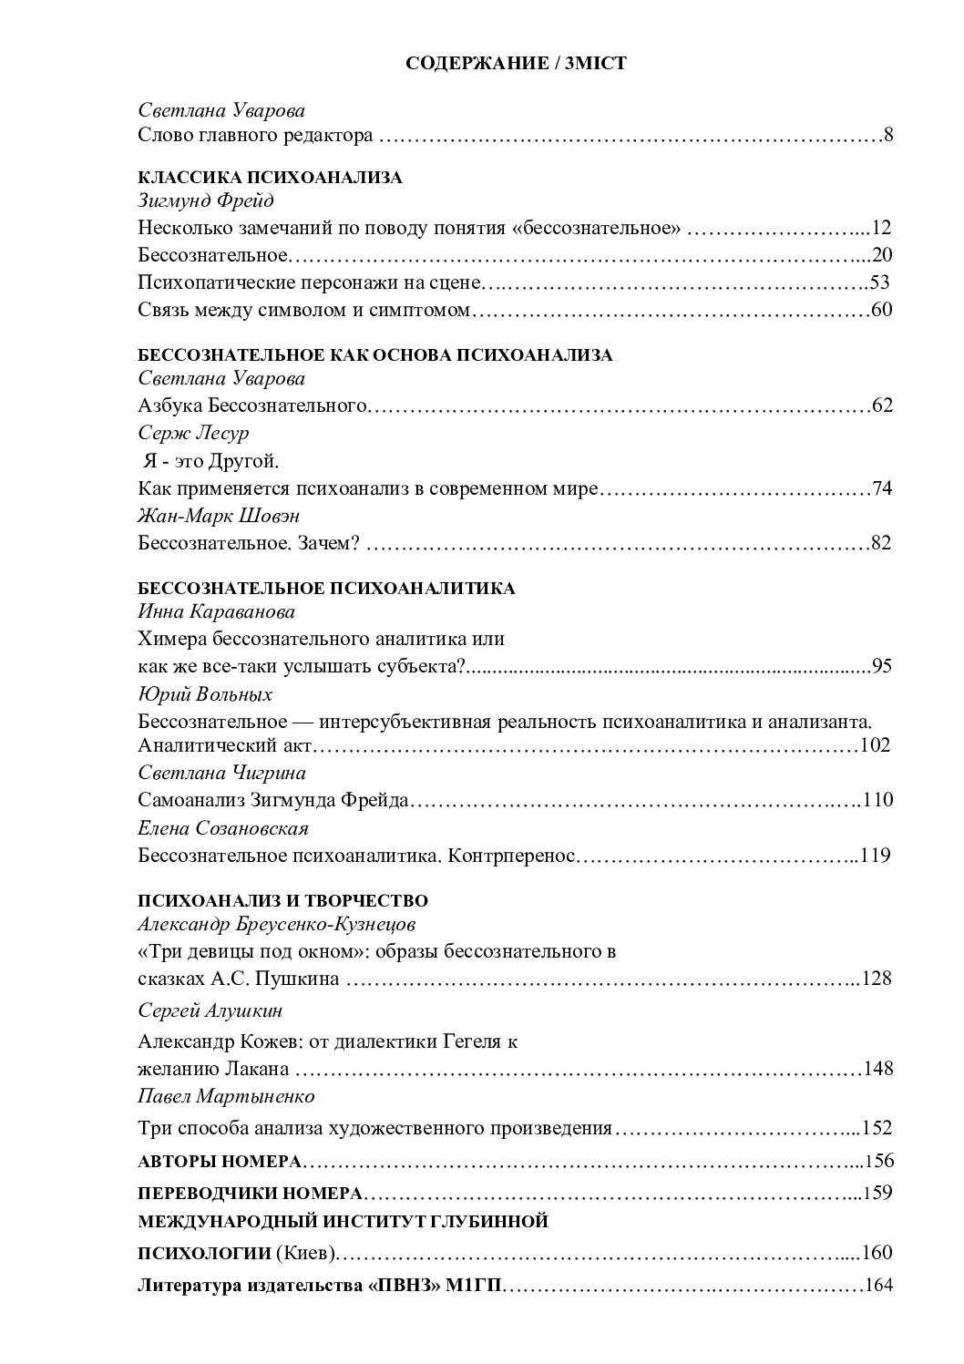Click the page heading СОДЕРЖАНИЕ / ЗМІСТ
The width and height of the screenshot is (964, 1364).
516,64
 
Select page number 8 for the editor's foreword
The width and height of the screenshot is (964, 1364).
887,136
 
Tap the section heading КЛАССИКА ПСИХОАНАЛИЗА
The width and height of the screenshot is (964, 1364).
270,178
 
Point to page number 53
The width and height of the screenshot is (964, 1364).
879,282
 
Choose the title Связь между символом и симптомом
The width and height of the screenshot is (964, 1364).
304,310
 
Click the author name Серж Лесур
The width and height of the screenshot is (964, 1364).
193,432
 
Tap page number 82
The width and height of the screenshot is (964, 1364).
881,543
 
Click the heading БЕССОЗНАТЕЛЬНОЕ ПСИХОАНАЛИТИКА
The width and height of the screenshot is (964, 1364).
326,589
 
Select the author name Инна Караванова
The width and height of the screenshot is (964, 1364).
217,612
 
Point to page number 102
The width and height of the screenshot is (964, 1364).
875,745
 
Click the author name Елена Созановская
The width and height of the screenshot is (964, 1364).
223,828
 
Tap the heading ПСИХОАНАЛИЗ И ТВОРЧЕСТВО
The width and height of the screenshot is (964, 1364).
282,901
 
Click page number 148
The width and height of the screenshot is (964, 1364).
877,1068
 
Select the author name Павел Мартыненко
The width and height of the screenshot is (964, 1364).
226,1095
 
